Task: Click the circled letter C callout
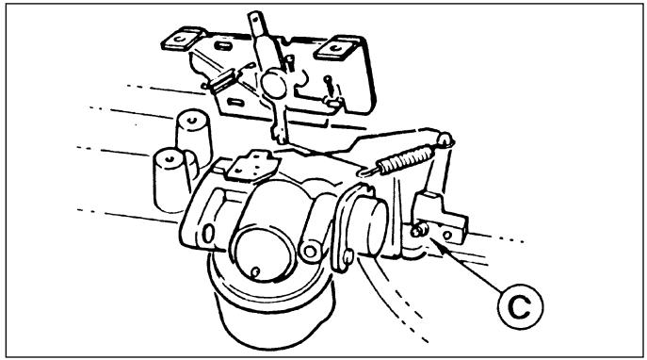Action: pos(520,306)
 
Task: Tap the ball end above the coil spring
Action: pos(445,139)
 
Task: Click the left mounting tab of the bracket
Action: pos(183,39)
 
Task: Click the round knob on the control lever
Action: pos(273,84)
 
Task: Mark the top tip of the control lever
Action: pos(254,17)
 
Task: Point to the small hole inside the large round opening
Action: pos(255,271)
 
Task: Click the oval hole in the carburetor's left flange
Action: pos(208,234)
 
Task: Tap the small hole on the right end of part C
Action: pos(447,236)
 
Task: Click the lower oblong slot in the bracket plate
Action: pos(235,101)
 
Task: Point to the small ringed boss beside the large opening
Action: pos(310,251)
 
